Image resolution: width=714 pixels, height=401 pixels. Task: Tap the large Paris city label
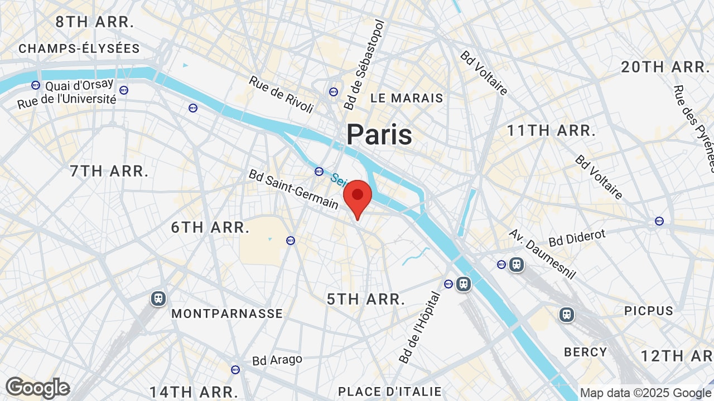379,135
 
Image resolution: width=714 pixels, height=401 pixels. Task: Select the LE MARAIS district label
407,98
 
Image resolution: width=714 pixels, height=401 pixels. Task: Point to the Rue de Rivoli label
281,95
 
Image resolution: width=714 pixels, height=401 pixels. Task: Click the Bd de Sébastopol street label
364,65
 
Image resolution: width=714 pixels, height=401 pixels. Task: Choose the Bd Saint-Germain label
293,189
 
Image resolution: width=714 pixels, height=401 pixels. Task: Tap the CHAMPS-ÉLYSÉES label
79,49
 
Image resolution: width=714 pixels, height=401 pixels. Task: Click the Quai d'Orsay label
79,86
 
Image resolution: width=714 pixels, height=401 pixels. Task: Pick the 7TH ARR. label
109,171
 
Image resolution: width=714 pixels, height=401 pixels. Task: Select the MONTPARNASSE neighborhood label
227,314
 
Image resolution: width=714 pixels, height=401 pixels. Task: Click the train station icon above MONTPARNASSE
158,299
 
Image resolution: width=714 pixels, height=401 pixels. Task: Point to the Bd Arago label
277,360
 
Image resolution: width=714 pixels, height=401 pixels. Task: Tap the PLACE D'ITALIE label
390,392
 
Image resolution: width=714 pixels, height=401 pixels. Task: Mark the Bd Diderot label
577,238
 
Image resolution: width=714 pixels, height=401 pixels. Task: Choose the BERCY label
585,352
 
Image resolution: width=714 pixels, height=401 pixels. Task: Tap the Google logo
38,388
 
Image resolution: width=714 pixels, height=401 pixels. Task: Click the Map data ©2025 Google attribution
645,393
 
